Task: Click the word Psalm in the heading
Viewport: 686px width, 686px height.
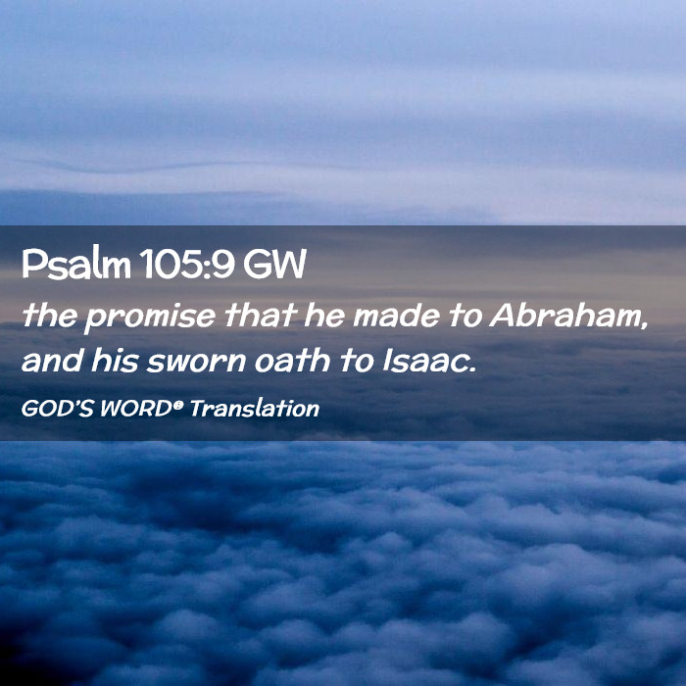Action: click(76, 265)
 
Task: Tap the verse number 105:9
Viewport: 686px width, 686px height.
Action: click(188, 265)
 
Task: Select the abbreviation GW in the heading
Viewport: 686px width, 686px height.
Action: click(274, 265)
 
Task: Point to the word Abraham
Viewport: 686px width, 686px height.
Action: click(564, 315)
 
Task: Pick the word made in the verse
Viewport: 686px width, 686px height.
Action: click(396, 315)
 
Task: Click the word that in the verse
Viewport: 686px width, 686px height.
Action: click(261, 315)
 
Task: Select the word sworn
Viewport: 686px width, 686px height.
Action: click(196, 362)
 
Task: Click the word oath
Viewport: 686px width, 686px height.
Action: click(292, 361)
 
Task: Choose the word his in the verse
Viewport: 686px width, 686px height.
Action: click(115, 361)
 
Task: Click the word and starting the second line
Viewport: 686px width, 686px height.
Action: click(52, 361)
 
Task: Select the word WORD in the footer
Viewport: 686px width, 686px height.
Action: click(135, 409)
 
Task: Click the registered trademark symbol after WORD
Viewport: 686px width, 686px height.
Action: click(176, 404)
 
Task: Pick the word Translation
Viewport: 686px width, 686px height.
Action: click(255, 409)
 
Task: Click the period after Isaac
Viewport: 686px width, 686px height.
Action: click(471, 369)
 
